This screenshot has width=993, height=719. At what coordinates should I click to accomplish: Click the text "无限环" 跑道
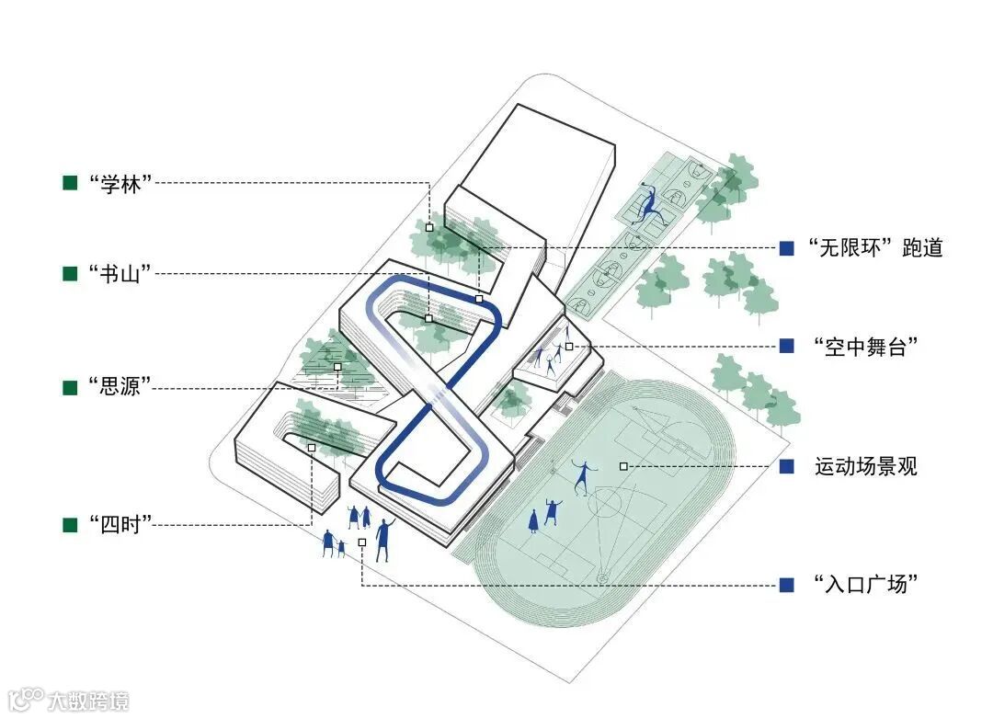tap(874, 247)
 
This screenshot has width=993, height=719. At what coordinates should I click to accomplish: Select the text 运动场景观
tap(865, 466)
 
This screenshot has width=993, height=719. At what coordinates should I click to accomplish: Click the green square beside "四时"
tap(70, 525)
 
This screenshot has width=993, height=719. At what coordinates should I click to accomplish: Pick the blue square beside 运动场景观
tap(786, 466)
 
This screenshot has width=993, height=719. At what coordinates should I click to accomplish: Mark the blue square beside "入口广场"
tap(786, 584)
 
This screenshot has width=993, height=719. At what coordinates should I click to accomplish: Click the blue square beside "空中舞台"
tap(786, 347)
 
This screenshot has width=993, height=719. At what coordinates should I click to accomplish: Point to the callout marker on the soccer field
tap(623, 466)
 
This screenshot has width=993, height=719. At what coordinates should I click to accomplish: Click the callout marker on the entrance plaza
tap(362, 542)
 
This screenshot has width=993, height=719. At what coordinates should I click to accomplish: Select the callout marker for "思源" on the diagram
tap(337, 367)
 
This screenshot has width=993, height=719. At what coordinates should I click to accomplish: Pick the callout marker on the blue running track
tap(479, 299)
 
